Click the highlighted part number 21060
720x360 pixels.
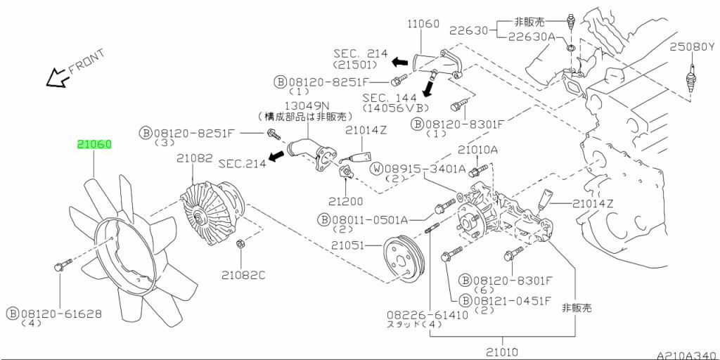click(x=94, y=145)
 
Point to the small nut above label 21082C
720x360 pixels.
click(x=238, y=244)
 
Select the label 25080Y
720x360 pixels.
click(x=690, y=47)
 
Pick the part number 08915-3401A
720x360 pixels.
click(x=430, y=168)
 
